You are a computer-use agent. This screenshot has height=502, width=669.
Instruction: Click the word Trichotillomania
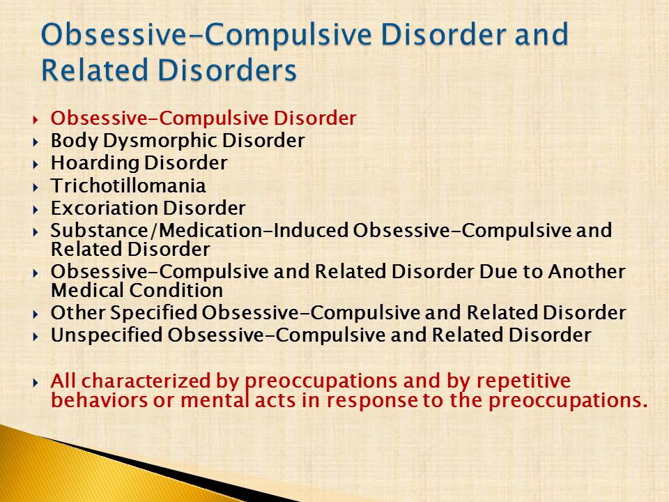coord(128,185)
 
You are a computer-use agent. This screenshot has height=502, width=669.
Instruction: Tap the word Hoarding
coord(95,163)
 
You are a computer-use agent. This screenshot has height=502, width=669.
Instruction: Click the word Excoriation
coord(105,208)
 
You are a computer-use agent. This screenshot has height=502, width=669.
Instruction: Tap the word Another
coord(587,271)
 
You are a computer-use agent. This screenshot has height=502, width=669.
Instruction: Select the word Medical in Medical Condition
coord(88,291)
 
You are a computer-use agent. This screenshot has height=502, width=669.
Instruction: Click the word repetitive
coord(523,381)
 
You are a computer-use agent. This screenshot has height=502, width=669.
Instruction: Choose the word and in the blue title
coord(541,34)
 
